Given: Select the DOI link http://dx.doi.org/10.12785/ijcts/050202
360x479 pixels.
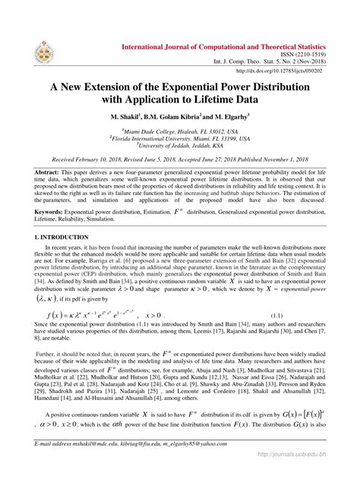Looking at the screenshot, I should pos(281,71).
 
